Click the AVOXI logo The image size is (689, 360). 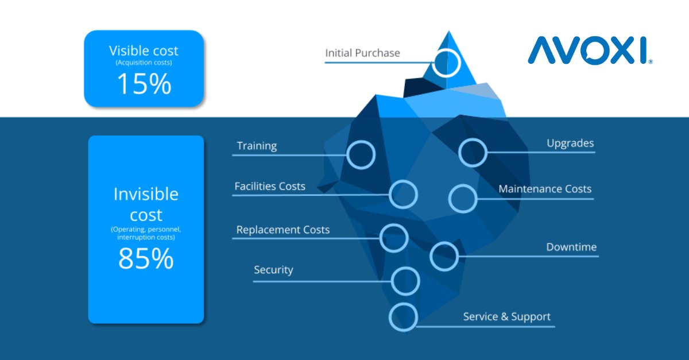coord(590,51)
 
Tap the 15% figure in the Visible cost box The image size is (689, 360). coord(144,84)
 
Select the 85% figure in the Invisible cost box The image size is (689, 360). coord(146,258)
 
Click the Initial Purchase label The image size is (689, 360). coord(362,53)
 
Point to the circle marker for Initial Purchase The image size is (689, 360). coord(446,63)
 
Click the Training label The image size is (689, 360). coord(257,146)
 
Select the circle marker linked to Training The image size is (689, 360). coord(361,154)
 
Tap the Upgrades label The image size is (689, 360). coord(570,143)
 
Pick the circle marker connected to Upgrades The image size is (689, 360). coord(473,153)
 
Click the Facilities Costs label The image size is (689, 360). coord(270,187)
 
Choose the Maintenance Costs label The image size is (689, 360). coord(545,189)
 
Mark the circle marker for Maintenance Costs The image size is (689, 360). coord(463,199)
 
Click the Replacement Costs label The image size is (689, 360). coord(283,230)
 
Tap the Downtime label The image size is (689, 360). coord(571,247)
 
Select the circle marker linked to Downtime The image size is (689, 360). coord(444,256)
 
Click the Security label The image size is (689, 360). coord(273,270)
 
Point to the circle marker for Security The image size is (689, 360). coord(405,281)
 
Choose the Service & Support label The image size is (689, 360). coord(506,317)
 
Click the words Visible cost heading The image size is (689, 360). coord(144,51)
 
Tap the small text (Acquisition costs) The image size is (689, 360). coord(144,62)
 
